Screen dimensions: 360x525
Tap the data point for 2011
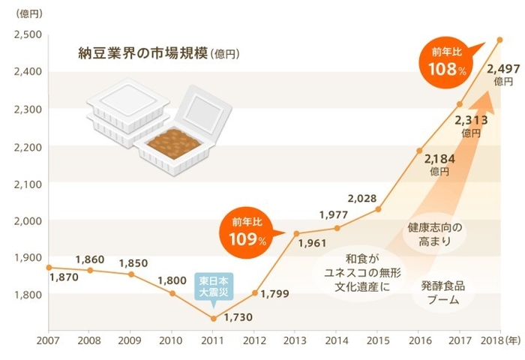tap(213, 318)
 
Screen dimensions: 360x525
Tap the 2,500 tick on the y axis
tap(28, 34)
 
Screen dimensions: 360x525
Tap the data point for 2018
tap(500, 40)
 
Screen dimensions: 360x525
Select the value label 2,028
tap(363, 198)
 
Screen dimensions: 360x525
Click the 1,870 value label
tap(63, 278)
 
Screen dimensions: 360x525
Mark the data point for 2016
tap(419, 150)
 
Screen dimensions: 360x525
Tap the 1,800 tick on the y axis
tap(28, 294)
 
